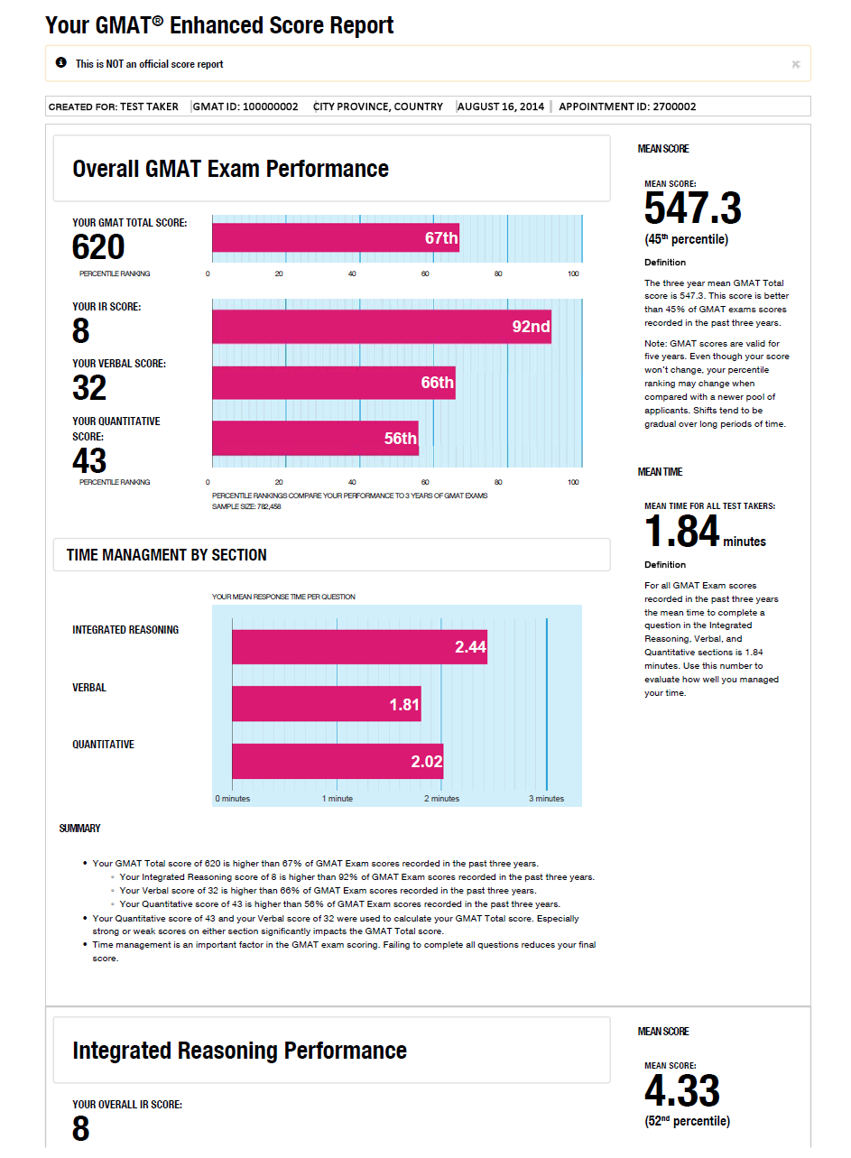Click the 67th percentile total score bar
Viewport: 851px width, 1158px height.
click(x=336, y=238)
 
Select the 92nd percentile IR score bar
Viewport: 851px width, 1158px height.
click(x=382, y=326)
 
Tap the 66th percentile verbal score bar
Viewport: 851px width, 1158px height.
click(x=334, y=383)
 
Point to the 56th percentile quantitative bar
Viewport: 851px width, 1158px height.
click(x=315, y=438)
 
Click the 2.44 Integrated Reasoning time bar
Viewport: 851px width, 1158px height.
click(x=359, y=646)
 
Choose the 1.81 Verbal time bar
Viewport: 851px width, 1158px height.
click(x=327, y=704)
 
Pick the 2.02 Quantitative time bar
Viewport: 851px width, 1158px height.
click(x=338, y=761)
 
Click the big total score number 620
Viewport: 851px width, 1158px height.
click(x=98, y=246)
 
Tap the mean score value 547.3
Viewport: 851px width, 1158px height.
click(x=693, y=209)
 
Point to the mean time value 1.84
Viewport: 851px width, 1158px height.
click(x=682, y=532)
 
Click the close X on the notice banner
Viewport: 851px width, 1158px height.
click(x=795, y=64)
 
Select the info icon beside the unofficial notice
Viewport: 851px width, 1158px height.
click(x=61, y=63)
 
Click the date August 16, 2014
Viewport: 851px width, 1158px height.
click(x=501, y=107)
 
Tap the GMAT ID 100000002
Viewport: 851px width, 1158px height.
click(x=245, y=107)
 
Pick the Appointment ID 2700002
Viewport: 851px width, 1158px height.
click(x=627, y=107)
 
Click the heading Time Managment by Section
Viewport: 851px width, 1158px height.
click(x=167, y=555)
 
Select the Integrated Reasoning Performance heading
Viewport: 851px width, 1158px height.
click(x=239, y=1051)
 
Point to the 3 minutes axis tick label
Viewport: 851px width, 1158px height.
click(x=546, y=799)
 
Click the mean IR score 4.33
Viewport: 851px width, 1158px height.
click(x=682, y=1092)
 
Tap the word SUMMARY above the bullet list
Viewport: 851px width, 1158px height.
click(x=80, y=829)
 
